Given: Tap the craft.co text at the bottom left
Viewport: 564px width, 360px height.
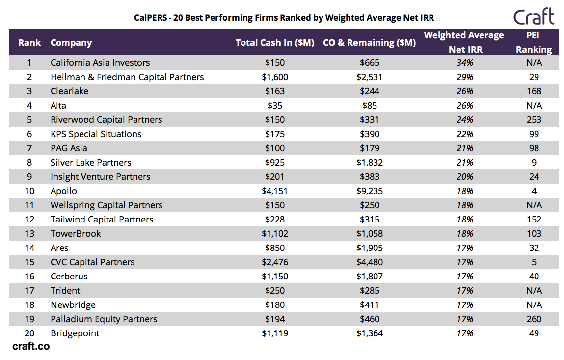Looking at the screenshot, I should pyautogui.click(x=31, y=346).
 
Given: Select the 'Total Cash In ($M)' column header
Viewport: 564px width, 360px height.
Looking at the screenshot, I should pyautogui.click(x=274, y=43).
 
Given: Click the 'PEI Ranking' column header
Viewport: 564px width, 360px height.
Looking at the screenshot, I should pyautogui.click(x=534, y=42).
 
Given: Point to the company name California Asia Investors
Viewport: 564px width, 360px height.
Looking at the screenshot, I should pyautogui.click(x=100, y=63).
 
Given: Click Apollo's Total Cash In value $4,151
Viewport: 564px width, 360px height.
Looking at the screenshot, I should pyautogui.click(x=274, y=191).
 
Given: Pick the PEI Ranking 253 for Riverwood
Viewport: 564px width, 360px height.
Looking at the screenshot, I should pyautogui.click(x=534, y=120).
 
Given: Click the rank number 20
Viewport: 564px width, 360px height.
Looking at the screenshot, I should pyautogui.click(x=29, y=333).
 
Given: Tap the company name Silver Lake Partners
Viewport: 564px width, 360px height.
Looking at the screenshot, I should pyautogui.click(x=91, y=163).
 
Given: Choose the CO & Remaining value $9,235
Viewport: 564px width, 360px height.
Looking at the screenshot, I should pyautogui.click(x=369, y=191).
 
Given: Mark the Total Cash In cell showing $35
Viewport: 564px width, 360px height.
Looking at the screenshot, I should pyautogui.click(x=274, y=106).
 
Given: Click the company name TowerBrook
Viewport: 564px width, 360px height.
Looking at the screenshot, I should pyautogui.click(x=76, y=234).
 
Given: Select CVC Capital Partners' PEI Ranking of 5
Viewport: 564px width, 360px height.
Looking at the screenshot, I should pyautogui.click(x=534, y=262).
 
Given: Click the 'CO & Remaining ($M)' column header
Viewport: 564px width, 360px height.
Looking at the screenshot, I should pyautogui.click(x=369, y=43).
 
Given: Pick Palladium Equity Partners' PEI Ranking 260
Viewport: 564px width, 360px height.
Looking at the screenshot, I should pyautogui.click(x=534, y=319).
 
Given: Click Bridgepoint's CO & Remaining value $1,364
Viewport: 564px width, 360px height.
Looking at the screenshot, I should pyautogui.click(x=369, y=333).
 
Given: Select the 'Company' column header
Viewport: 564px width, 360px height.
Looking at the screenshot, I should pyautogui.click(x=71, y=43).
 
